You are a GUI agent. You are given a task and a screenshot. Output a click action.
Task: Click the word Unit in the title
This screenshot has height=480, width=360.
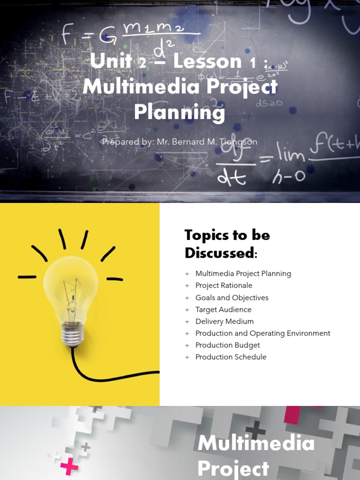[111, 61]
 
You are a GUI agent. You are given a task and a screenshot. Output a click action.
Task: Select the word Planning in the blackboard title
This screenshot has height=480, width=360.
[180, 112]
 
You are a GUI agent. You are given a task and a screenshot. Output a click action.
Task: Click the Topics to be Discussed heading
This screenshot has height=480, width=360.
[227, 244]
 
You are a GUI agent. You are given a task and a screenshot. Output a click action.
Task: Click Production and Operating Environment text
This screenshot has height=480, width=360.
[262, 333]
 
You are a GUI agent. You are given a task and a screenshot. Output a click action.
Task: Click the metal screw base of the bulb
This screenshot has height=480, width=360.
[72, 335]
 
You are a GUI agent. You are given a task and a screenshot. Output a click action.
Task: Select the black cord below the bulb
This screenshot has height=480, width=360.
[94, 375]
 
